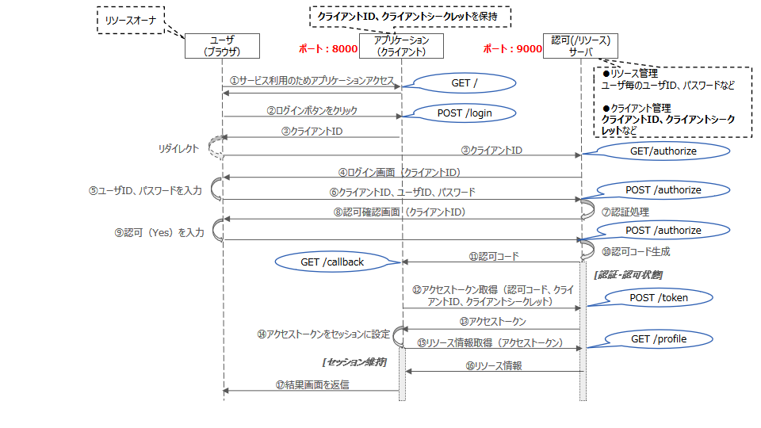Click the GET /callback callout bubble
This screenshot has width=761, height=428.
pyautogui.click(x=332, y=262)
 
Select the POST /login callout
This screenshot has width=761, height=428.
pyautogui.click(x=465, y=113)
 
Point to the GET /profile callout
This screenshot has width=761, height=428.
pyautogui.click(x=659, y=339)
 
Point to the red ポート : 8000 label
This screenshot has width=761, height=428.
pyautogui.click(x=327, y=49)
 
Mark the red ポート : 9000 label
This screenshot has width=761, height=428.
pyautogui.click(x=513, y=49)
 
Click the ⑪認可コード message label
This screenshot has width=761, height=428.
pyautogui.click(x=493, y=257)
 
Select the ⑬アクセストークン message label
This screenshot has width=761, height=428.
pyautogui.click(x=492, y=322)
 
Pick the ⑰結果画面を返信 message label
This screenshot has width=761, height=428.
pyautogui.click(x=312, y=384)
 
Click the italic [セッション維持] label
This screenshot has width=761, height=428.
pyautogui.click(x=354, y=361)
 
